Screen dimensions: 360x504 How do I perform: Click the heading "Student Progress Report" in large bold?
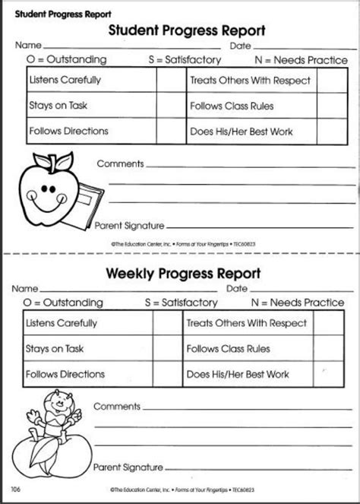[187, 31]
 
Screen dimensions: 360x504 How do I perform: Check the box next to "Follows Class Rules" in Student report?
[327, 106]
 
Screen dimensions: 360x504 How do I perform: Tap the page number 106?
[16, 488]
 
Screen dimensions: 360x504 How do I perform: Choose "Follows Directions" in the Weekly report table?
[65, 374]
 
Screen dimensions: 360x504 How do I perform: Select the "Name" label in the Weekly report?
[24, 289]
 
